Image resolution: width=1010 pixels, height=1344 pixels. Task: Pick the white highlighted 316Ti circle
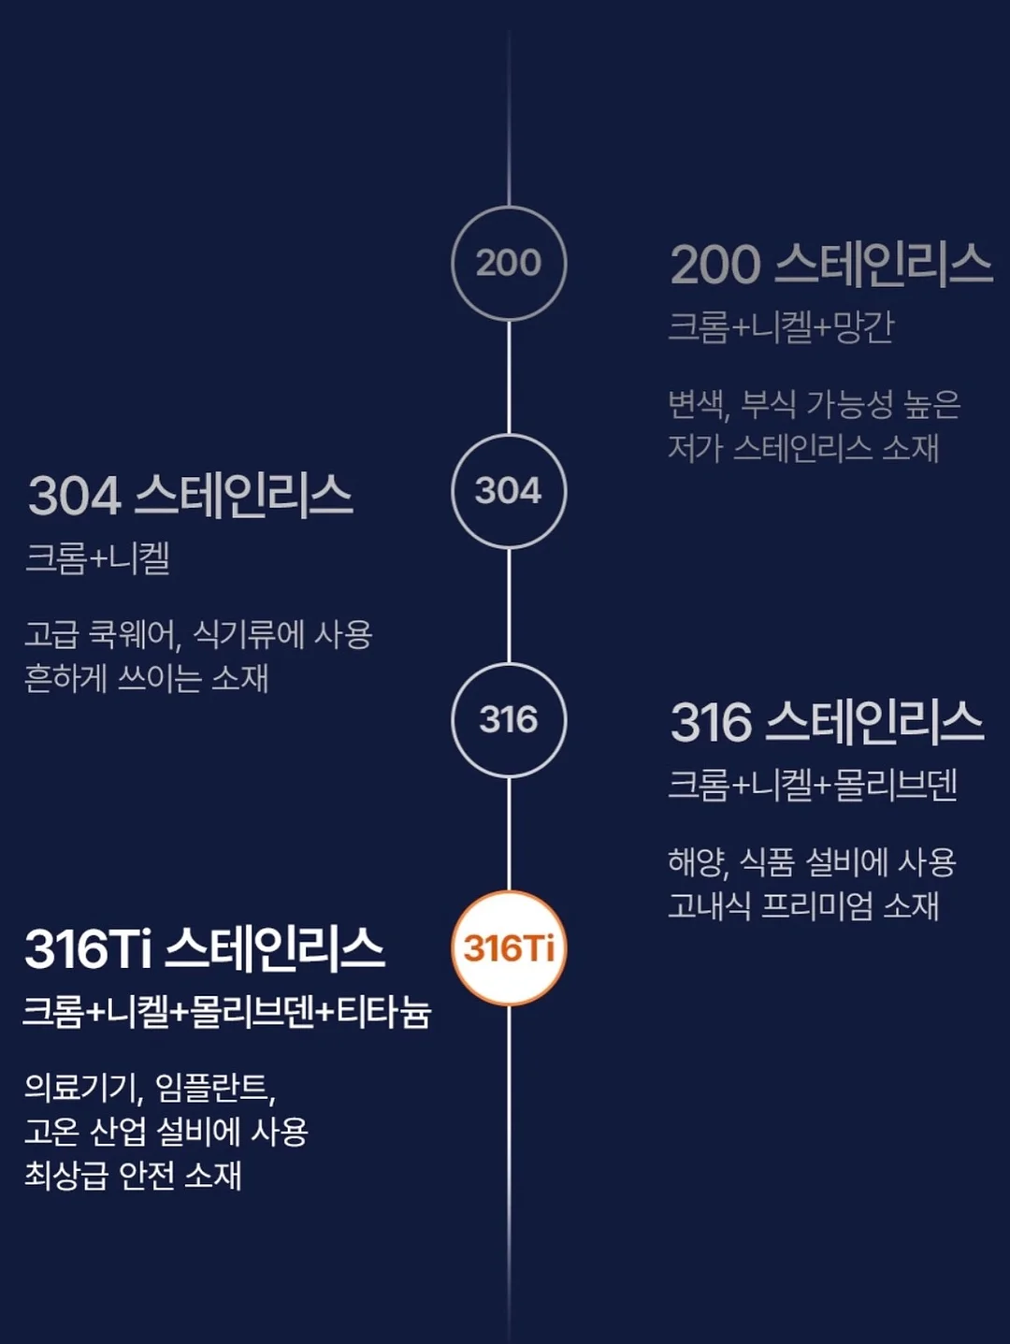(509, 948)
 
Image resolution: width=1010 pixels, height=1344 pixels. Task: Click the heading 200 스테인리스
(830, 265)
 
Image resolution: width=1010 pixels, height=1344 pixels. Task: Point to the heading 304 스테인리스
(191, 496)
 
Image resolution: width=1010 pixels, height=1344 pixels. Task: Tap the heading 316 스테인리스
(827, 723)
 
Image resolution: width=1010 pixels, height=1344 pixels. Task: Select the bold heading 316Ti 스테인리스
(205, 949)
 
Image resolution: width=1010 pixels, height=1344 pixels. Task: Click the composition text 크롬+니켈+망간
(781, 327)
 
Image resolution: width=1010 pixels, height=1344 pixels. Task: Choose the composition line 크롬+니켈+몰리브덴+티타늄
(227, 1013)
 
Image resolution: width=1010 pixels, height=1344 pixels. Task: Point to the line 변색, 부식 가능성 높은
(815, 405)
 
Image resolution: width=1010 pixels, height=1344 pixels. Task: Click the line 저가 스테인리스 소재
(803, 449)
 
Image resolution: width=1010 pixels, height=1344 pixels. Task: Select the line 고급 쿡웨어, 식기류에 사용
(198, 634)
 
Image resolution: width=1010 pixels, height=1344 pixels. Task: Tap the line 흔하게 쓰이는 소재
(147, 678)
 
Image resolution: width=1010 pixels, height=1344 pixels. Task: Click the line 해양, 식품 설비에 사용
(812, 862)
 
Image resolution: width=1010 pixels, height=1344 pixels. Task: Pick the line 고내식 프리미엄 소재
(803, 906)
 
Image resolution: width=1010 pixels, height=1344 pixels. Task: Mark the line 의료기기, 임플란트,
(150, 1089)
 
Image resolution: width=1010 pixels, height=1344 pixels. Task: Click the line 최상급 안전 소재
(133, 1176)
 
